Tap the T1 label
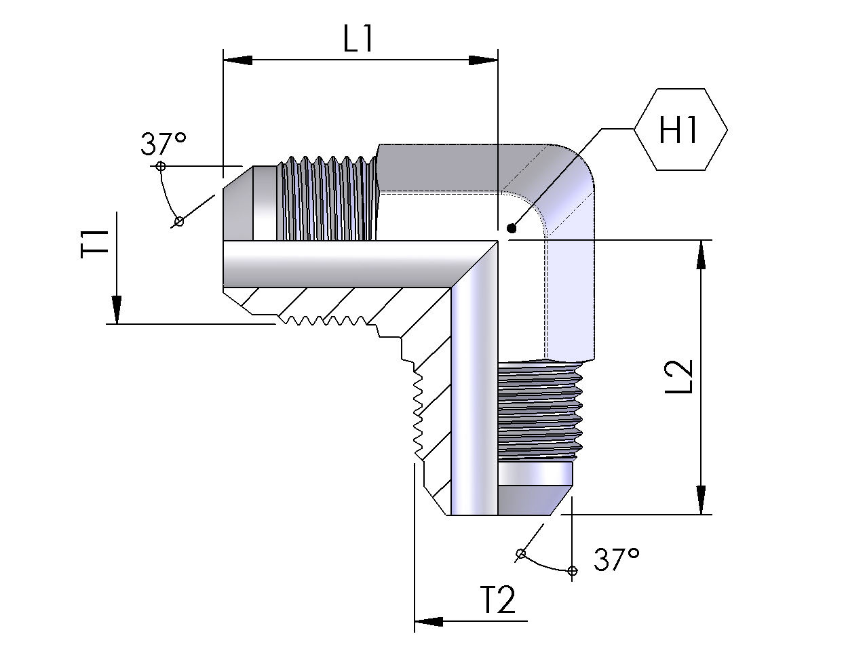[96, 243]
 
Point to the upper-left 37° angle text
[163, 144]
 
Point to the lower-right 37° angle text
[616, 560]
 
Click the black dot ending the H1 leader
[511, 229]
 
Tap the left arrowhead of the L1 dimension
[237, 60]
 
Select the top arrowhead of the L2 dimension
[701, 254]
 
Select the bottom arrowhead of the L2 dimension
[701, 500]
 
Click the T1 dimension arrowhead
[117, 310]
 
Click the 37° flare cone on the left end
[237, 203]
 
